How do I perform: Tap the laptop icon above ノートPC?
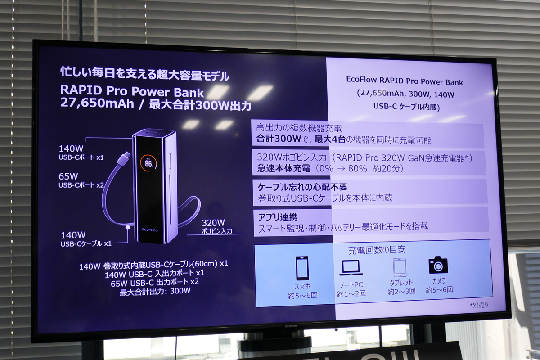[x=351, y=268]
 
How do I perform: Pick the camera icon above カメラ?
[x=438, y=265]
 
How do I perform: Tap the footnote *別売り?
[x=479, y=306]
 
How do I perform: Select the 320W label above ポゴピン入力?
[x=213, y=222]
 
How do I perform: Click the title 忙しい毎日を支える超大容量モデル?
[x=145, y=74]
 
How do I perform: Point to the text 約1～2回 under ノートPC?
[x=351, y=293]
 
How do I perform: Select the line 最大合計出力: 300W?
[x=155, y=291]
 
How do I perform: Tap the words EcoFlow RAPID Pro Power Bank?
[x=405, y=83]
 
